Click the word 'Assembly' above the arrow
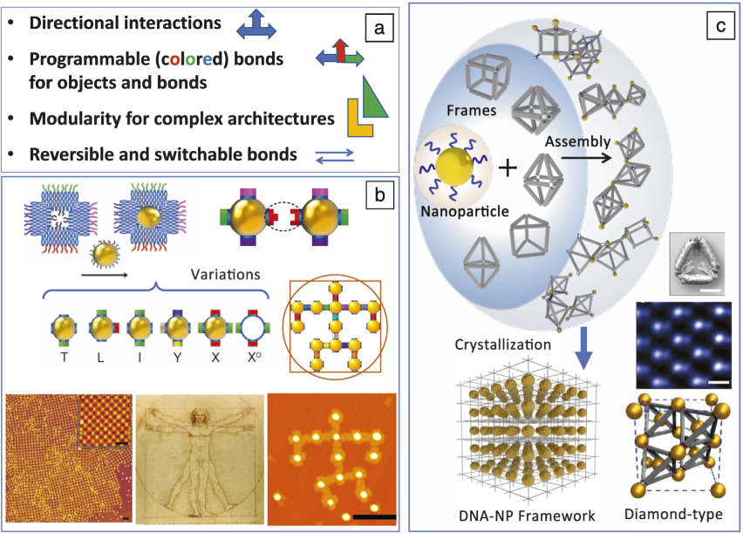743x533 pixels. pyautogui.click(x=575, y=139)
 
